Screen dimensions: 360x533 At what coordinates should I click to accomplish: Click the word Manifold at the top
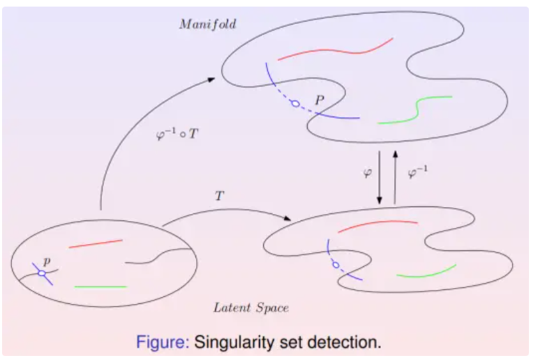click(x=207, y=24)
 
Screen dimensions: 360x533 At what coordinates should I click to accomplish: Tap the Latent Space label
click(x=251, y=308)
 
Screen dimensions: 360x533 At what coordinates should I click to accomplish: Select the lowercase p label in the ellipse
click(x=46, y=261)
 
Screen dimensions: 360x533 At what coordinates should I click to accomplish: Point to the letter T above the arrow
click(x=220, y=197)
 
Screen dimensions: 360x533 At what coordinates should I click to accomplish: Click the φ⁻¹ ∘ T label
click(x=177, y=135)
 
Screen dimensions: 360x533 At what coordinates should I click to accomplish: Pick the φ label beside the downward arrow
click(x=367, y=173)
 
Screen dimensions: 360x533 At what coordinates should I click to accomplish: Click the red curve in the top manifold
click(x=335, y=50)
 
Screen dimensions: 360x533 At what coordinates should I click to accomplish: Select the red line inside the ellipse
click(x=95, y=243)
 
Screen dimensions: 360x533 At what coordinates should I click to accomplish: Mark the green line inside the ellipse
click(x=100, y=287)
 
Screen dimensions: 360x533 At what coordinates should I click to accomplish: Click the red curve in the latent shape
click(x=377, y=225)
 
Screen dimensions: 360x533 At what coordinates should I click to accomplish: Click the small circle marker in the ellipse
click(x=42, y=273)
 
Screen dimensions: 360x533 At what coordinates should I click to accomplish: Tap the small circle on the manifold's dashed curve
click(x=294, y=103)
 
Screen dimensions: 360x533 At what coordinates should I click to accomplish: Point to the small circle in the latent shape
click(x=335, y=264)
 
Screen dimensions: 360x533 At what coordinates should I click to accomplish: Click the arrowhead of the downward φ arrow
click(x=380, y=200)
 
